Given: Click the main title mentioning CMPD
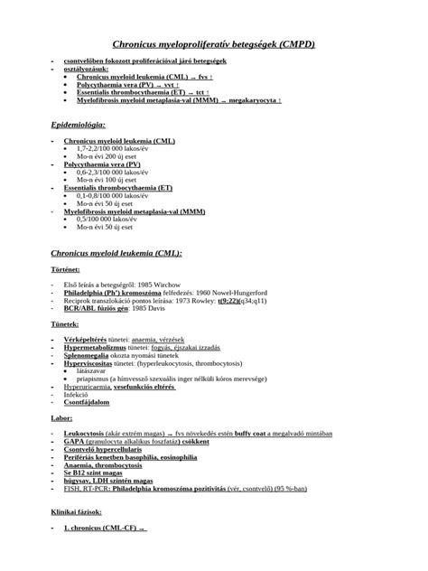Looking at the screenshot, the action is (x=213, y=43).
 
